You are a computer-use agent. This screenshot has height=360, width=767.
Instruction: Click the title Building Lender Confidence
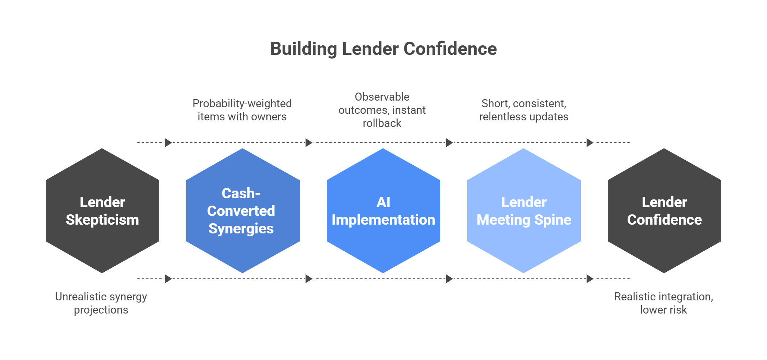(383, 49)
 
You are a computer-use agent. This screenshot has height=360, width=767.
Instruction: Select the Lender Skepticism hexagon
(102, 241)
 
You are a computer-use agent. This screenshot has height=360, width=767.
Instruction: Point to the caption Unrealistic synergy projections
(101, 303)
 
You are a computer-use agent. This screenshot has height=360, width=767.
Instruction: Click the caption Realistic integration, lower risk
(663, 303)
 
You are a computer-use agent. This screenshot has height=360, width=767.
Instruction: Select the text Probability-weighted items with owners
(242, 110)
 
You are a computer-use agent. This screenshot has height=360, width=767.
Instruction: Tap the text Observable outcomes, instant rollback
(382, 110)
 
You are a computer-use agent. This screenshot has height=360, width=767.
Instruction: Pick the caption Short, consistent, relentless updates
(524, 110)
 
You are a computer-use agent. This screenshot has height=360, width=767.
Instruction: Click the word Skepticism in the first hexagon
(102, 220)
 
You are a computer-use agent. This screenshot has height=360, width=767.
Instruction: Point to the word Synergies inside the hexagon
(241, 229)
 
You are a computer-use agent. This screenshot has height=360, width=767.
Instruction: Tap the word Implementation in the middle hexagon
(383, 220)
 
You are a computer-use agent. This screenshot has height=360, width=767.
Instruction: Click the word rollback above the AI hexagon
(382, 123)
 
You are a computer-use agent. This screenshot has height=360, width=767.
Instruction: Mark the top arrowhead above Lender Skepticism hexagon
(168, 143)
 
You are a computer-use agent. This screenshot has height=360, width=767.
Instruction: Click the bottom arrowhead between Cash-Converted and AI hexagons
(308, 279)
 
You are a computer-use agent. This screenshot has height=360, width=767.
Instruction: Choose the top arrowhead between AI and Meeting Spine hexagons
(449, 143)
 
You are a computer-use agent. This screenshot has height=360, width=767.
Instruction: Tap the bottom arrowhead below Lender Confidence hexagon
(590, 279)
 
